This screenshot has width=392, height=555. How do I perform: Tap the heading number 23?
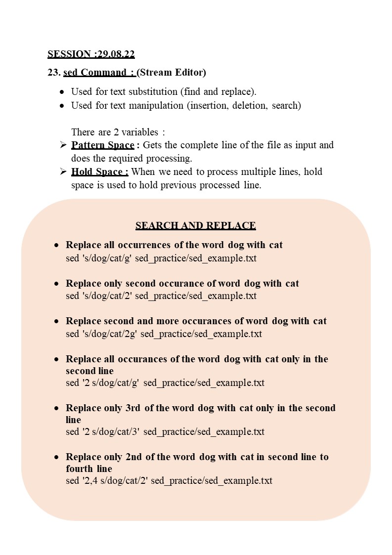(54, 73)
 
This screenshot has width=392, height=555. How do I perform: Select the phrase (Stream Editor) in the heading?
(171, 73)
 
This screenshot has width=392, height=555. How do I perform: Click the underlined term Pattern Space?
(102, 145)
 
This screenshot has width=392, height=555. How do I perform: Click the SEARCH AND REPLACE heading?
(196, 226)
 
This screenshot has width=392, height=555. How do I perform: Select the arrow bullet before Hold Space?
(63, 171)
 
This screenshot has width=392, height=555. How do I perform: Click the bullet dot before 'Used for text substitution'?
(61, 92)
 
